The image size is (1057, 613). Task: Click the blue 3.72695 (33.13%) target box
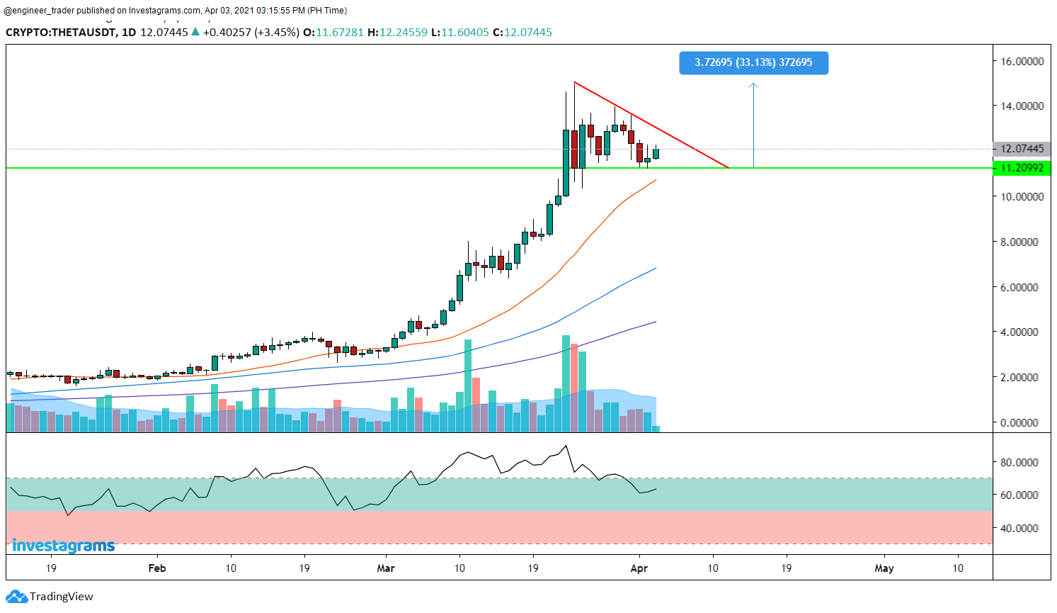click(753, 62)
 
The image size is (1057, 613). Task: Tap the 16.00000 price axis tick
click(1021, 61)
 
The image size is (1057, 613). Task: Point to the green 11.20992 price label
click(1022, 168)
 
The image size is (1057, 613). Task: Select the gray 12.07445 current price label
click(1022, 149)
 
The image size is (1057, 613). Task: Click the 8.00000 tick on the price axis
click(1021, 242)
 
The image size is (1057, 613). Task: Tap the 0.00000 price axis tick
click(1021, 422)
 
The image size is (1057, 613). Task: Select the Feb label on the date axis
click(157, 568)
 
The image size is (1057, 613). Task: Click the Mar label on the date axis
click(386, 568)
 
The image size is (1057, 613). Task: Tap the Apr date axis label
click(639, 568)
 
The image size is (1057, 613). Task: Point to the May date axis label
click(884, 568)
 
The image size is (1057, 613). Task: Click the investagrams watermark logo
click(63, 546)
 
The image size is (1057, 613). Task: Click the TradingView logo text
click(61, 597)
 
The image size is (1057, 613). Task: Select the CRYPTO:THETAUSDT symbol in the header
click(60, 32)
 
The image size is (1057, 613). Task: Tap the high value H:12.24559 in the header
click(397, 32)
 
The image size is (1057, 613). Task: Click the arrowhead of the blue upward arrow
click(753, 86)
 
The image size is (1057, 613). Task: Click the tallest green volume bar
click(566, 383)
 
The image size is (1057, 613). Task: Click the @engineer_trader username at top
click(40, 11)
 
